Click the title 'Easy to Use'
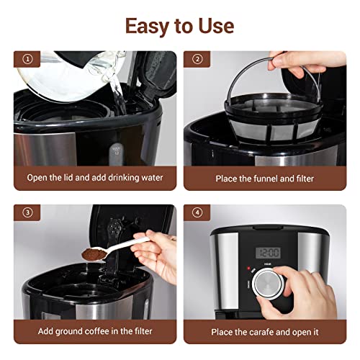[x=180, y=25]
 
